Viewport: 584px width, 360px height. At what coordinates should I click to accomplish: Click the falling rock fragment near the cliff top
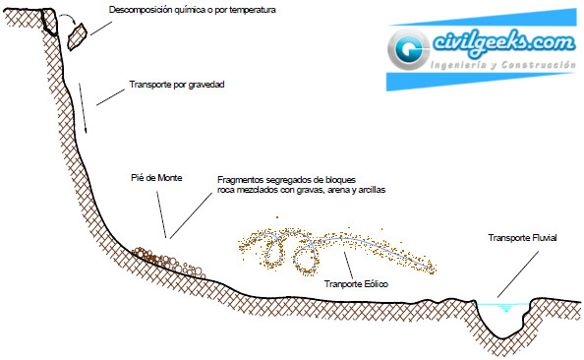(x=77, y=36)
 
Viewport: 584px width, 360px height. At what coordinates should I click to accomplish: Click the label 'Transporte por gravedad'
(x=177, y=85)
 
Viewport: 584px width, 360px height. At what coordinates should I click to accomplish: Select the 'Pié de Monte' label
(x=156, y=178)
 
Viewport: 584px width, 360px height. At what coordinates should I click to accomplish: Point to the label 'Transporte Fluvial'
(x=522, y=238)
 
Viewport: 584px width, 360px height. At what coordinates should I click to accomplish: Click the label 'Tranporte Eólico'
(x=356, y=284)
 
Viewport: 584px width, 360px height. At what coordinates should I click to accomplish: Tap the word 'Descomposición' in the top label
(x=137, y=10)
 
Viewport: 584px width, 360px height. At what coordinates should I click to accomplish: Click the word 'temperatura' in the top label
(x=253, y=10)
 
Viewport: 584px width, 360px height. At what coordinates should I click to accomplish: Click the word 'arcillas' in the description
(x=372, y=190)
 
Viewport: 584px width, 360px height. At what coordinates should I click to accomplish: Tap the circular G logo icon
(x=409, y=49)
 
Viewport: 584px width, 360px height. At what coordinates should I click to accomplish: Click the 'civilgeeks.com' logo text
(x=504, y=43)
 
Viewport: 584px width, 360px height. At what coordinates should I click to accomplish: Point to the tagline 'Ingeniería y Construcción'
(x=502, y=65)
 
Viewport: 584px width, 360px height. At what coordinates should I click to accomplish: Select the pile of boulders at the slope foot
(x=168, y=262)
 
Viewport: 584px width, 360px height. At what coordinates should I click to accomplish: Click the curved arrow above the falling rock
(x=69, y=19)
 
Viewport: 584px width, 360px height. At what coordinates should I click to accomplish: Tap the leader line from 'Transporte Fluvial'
(x=518, y=274)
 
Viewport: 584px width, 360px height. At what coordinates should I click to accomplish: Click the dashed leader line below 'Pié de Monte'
(x=161, y=214)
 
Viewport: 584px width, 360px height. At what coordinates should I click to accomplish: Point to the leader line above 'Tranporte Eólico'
(x=349, y=265)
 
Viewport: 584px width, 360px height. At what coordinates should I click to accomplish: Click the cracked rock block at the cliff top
(x=49, y=22)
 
